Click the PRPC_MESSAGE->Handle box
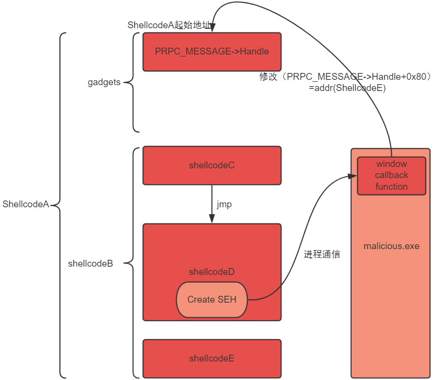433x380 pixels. tap(212, 52)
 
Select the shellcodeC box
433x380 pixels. tap(212, 165)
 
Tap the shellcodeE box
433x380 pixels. tap(212, 359)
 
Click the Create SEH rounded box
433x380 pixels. tap(212, 300)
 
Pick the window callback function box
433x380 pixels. tap(392, 176)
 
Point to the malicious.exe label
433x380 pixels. tap(392, 246)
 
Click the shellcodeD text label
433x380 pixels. tap(212, 272)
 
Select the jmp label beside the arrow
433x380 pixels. tap(224, 205)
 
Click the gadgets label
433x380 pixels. tap(104, 82)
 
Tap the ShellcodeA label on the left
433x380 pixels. tap(26, 204)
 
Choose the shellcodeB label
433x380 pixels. tap(90, 263)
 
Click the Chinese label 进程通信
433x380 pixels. tap(322, 254)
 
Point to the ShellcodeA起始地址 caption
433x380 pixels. tap(169, 25)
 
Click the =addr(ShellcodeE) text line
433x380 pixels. tap(347, 88)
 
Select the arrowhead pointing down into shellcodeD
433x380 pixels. tap(212, 218)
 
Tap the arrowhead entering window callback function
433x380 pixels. tap(352, 176)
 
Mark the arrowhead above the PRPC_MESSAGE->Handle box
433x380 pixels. tap(212, 27)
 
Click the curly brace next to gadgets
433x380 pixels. tap(132, 82)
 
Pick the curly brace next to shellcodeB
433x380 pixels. tap(132, 263)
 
